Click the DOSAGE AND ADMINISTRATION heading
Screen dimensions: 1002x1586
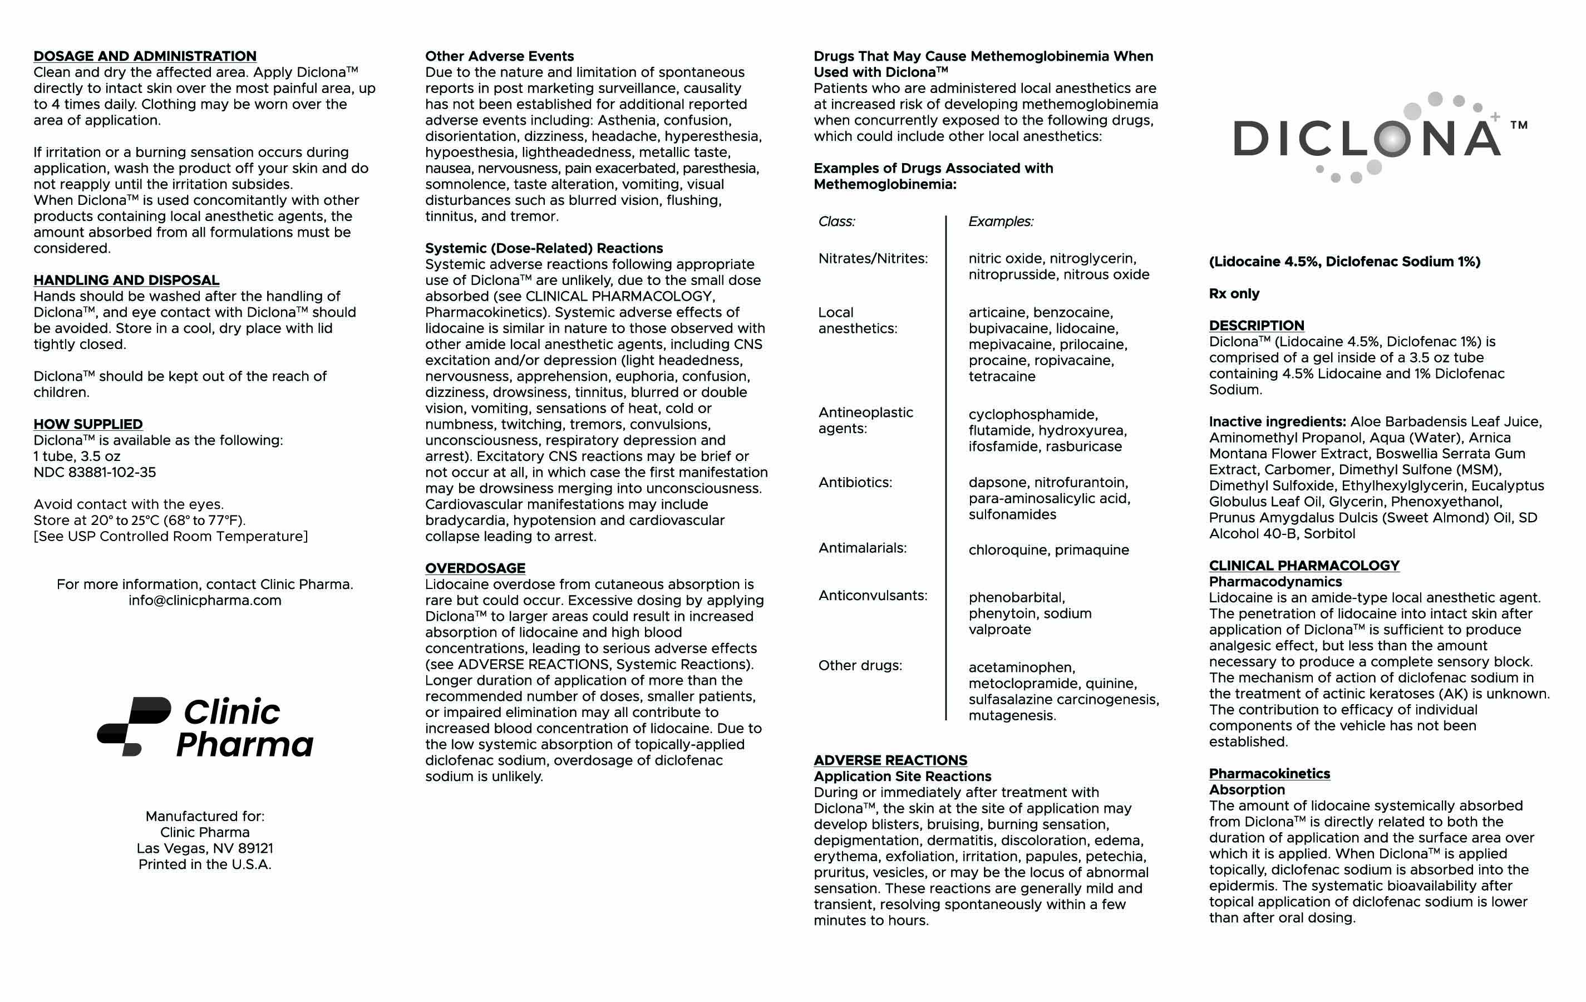coord(145,57)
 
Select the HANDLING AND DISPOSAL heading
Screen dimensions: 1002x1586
coord(126,281)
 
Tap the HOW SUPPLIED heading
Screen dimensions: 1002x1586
coord(88,424)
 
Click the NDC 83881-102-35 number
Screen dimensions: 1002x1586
coord(95,473)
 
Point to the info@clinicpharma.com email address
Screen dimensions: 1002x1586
coord(205,601)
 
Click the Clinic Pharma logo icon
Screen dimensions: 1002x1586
coord(134,726)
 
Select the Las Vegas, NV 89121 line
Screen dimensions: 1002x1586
coord(205,848)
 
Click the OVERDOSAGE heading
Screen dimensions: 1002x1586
coord(475,568)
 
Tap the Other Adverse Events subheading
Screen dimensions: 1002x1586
coord(499,57)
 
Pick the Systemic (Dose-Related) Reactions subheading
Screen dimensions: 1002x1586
coord(544,248)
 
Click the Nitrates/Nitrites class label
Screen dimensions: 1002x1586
coord(873,259)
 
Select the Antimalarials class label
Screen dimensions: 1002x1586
coord(862,548)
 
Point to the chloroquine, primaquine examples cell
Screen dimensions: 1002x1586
coord(1048,550)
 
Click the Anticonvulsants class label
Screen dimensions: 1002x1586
coord(873,596)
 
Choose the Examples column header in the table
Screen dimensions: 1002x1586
coord(1001,222)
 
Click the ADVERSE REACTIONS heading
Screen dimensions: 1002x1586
coord(890,761)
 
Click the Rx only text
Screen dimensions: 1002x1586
coord(1234,294)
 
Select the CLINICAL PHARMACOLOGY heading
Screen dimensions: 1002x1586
coord(1304,566)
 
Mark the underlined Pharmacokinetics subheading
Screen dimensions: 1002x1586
coord(1269,774)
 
